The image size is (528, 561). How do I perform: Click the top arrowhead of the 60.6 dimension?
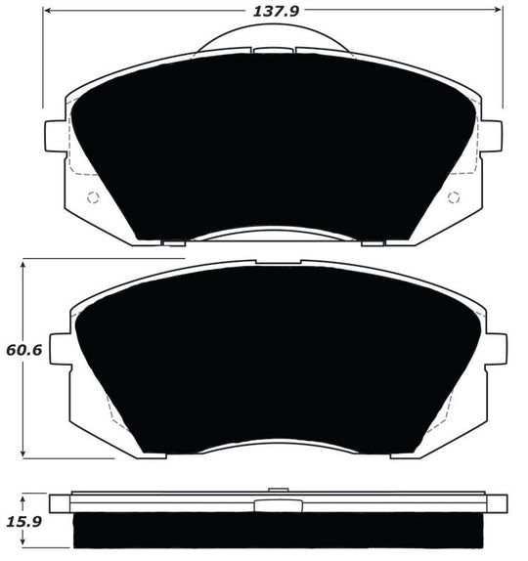(x=22, y=263)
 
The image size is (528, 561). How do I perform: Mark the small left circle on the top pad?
(x=94, y=197)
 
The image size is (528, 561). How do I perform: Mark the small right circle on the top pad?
(x=453, y=197)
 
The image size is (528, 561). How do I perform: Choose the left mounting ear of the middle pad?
(x=60, y=347)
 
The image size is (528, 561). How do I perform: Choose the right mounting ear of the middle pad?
(x=497, y=347)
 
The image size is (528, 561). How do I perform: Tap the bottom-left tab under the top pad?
(x=173, y=241)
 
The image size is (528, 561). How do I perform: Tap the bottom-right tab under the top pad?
(x=372, y=241)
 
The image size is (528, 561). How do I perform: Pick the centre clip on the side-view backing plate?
(x=278, y=504)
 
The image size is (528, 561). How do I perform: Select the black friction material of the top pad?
(x=274, y=147)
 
